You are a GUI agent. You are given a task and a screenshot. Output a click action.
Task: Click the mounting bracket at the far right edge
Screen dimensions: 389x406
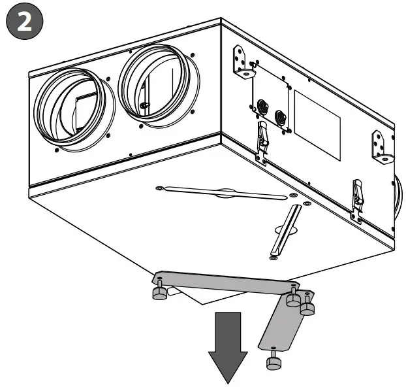tap(380, 146)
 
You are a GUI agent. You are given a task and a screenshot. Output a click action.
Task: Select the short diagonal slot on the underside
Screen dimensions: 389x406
tap(285, 229)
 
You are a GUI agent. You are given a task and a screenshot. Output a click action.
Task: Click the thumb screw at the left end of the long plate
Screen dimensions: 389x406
tap(159, 292)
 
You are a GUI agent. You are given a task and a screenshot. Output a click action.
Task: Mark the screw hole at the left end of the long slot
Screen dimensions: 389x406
tap(160, 188)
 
